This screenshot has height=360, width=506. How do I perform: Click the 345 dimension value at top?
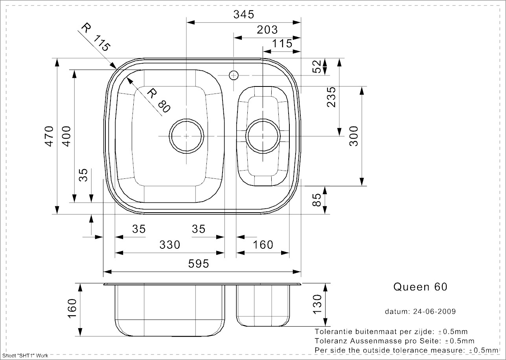click(244, 15)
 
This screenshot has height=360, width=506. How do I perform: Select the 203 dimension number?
click(267, 29)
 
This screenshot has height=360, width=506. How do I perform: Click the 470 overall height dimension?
click(49, 136)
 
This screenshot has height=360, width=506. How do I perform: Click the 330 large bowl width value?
click(169, 244)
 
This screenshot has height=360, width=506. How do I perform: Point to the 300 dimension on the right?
click(354, 136)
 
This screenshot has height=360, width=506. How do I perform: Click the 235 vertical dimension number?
click(331, 97)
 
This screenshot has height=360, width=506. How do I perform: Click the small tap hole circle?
click(234, 75)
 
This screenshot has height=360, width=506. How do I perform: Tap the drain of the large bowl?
click(186, 136)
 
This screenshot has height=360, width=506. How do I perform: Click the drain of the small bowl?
click(263, 136)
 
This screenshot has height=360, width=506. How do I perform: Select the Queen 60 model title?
click(420, 287)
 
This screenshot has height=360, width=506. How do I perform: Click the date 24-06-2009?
click(434, 311)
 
